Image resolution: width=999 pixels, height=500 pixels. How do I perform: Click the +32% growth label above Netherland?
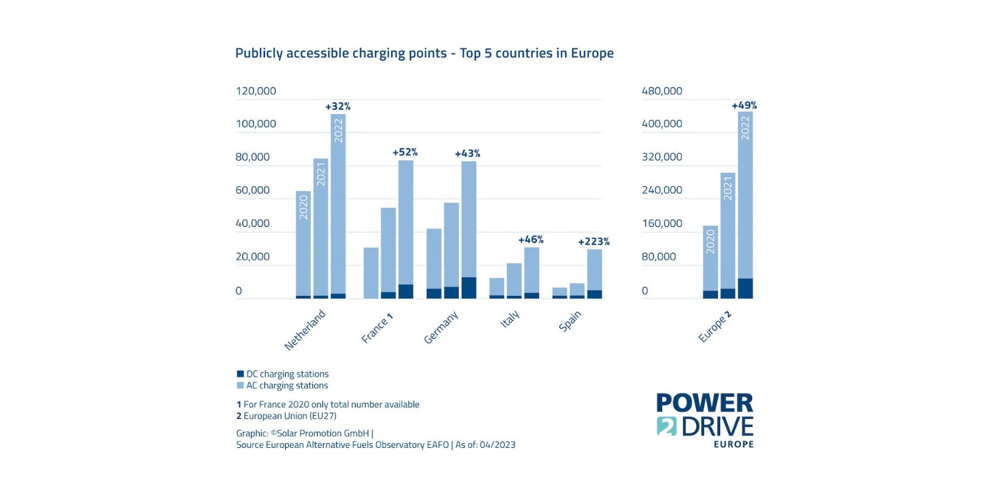[x=338, y=106]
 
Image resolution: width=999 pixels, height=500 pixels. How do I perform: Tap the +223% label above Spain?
[x=593, y=241]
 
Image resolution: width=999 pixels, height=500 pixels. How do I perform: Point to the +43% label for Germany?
[x=468, y=153]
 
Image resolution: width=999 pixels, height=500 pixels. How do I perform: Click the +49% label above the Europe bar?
[x=744, y=105]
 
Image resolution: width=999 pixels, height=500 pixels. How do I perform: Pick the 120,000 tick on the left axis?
[x=256, y=91]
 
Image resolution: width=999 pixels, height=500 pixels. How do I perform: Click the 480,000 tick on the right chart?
[x=662, y=91]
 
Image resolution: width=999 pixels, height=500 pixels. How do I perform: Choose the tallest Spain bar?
[x=594, y=273]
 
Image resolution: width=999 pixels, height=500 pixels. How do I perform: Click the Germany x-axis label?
[x=442, y=327]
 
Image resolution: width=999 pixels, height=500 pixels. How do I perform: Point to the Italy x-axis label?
[x=510, y=322]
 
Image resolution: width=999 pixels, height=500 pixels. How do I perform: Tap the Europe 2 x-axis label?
[x=715, y=326]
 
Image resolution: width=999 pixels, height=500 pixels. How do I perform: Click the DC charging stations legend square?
[x=240, y=374]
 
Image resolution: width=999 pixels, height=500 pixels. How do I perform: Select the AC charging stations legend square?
[x=240, y=385]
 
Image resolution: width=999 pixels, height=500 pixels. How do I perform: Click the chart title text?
[x=424, y=53]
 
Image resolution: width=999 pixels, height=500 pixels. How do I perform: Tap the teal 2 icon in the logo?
[x=667, y=425]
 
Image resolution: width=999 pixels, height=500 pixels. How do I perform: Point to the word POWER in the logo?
[x=705, y=403]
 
